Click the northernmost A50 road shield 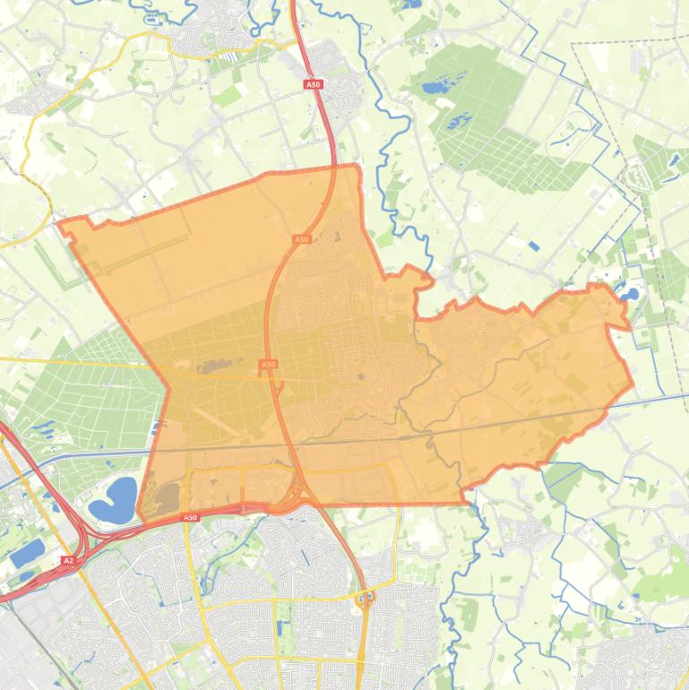pyautogui.click(x=313, y=84)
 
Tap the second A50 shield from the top pyautogui.click(x=301, y=239)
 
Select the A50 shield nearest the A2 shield pyautogui.click(x=189, y=517)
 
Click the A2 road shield pyautogui.click(x=68, y=561)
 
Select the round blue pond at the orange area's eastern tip pyautogui.click(x=631, y=292)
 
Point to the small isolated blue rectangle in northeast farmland pyautogui.click(x=534, y=246)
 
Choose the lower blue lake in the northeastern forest pyautogui.click(x=461, y=120)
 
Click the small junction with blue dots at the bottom pyautogui.click(x=366, y=597)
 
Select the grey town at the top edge pyautogui.click(x=204, y=37)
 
